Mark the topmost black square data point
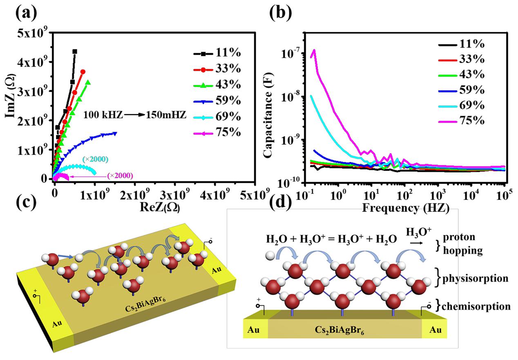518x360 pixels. click(x=75, y=51)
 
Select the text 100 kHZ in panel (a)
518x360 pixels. click(x=103, y=116)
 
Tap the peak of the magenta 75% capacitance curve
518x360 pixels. click(x=314, y=50)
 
